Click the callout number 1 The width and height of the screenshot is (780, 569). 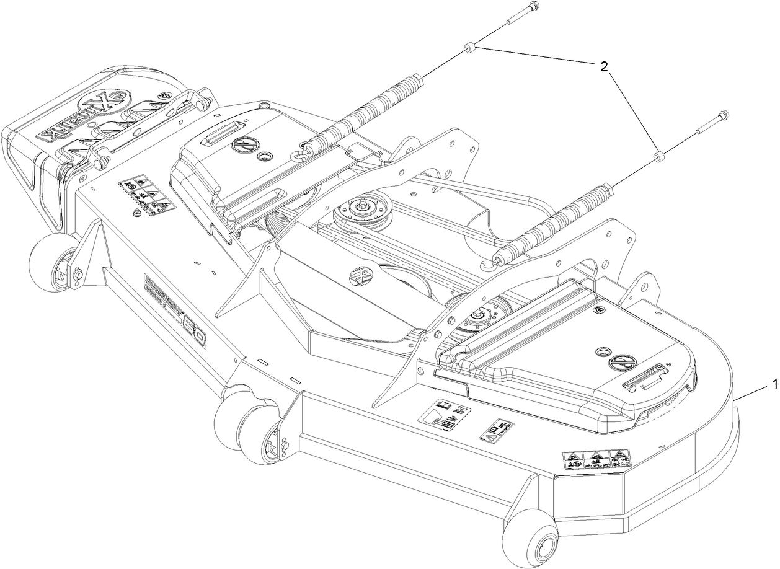coord(773,385)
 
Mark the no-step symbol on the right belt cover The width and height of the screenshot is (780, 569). coord(621,363)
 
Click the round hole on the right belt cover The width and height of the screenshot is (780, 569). coord(600,351)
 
